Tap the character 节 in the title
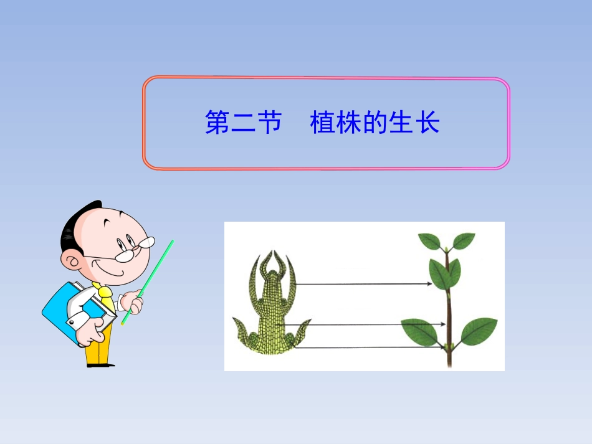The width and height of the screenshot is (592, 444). point(269,123)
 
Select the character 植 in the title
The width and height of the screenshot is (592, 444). point(322,123)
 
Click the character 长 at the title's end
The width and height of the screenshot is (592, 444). point(428,123)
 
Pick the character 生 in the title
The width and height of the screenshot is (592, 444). point(401,123)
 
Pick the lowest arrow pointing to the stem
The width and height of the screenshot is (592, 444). point(368,347)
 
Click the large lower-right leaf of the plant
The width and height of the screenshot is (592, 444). point(479,331)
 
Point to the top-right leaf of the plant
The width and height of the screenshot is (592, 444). point(464,240)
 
